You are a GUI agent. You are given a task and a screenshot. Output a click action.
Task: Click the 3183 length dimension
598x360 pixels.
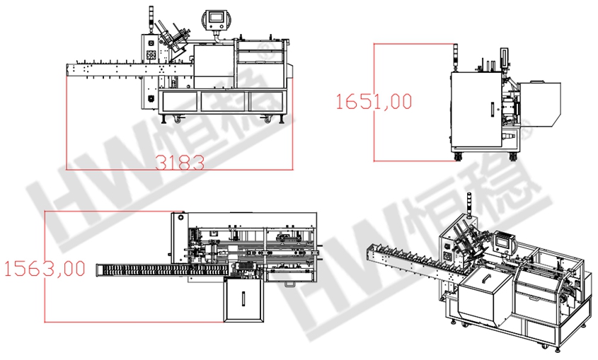click(x=180, y=163)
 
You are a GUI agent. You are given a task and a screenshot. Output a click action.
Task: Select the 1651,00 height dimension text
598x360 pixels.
click(x=374, y=102)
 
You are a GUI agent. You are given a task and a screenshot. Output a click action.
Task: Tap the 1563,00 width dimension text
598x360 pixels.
click(x=45, y=269)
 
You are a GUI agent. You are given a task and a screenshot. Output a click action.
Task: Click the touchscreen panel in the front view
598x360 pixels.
click(x=215, y=19)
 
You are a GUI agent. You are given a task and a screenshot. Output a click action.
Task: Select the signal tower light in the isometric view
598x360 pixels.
click(x=468, y=206)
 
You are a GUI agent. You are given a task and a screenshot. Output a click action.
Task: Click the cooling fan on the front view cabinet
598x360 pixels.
click(x=151, y=55)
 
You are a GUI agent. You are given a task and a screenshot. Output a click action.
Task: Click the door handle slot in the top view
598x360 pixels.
click(x=243, y=298)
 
